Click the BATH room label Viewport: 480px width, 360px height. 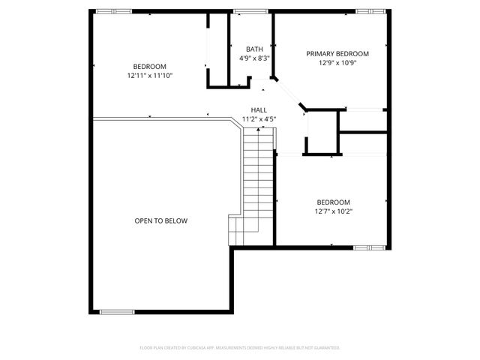pos(254,49)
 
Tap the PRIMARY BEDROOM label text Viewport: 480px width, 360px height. pos(337,54)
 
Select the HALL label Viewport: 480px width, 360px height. pos(259,109)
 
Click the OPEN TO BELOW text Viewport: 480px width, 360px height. pos(161,221)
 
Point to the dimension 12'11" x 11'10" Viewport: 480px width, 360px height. pos(150,76)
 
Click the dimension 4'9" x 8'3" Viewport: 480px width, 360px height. pos(254,58)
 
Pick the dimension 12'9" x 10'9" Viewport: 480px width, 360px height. pos(337,63)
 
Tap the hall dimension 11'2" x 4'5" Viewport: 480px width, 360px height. pos(259,118)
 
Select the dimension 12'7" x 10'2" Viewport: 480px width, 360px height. pos(334,211)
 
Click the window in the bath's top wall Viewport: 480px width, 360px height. pos(250,11)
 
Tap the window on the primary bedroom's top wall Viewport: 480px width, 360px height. pos(367,11)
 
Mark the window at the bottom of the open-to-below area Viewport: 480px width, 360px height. pos(117,311)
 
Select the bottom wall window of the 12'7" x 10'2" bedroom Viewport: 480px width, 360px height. pos(367,246)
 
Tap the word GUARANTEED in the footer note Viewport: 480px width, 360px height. pos(327,348)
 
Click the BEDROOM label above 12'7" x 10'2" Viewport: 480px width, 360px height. pos(334,202)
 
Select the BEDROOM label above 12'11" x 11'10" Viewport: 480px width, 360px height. pos(150,67)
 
